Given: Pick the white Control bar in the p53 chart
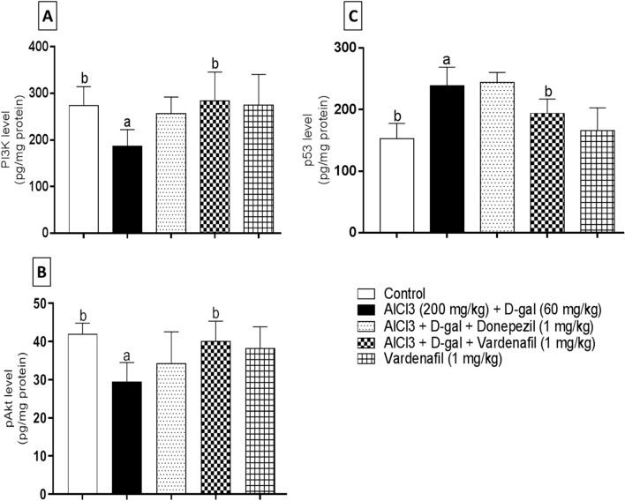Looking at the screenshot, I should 371,185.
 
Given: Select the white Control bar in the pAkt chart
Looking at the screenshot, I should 84,414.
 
